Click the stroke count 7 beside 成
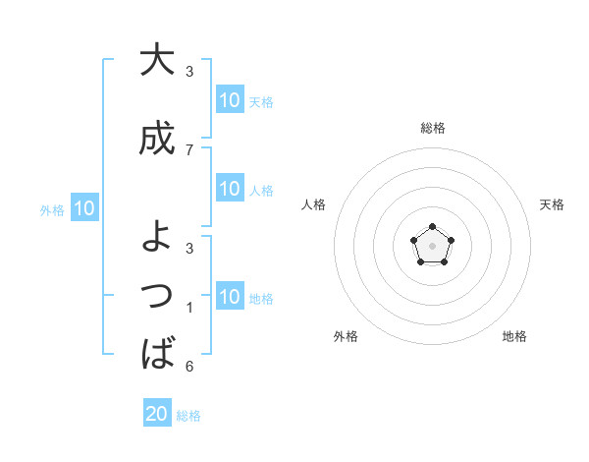point(189,149)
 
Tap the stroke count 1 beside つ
point(189,309)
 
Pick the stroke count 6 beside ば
point(189,367)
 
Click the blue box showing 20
point(157,414)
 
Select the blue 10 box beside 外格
point(83,208)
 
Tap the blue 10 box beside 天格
point(230,100)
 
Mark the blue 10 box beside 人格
point(230,189)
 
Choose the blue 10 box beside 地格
point(230,297)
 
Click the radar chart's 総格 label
point(432,128)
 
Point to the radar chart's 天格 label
point(552,204)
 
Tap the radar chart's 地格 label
point(514,336)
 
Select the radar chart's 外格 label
point(346,336)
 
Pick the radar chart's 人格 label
point(313,204)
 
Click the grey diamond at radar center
point(432,245)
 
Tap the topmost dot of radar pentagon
point(432,227)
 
